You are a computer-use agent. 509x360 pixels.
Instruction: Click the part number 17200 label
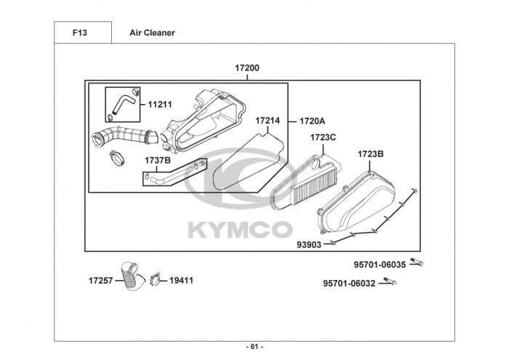coord(247,68)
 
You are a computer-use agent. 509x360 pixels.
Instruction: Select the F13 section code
coord(81,33)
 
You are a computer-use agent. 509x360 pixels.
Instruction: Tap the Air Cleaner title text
coord(152,33)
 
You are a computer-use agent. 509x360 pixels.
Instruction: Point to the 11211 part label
coord(160,105)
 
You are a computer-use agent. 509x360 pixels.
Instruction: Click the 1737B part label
coord(157,160)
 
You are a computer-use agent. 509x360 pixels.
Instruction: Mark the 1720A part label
coord(312,121)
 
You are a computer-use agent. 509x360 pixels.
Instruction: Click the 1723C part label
coord(323,137)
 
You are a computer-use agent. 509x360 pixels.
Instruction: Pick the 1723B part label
coord(370,154)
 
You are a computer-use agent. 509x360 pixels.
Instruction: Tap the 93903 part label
coord(308,245)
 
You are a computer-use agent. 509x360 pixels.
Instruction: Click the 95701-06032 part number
coord(350,284)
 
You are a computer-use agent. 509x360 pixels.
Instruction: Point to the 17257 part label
coord(101,280)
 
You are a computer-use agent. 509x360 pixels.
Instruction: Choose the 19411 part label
coord(182,280)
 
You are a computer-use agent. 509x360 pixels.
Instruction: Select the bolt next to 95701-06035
coord(416,263)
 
